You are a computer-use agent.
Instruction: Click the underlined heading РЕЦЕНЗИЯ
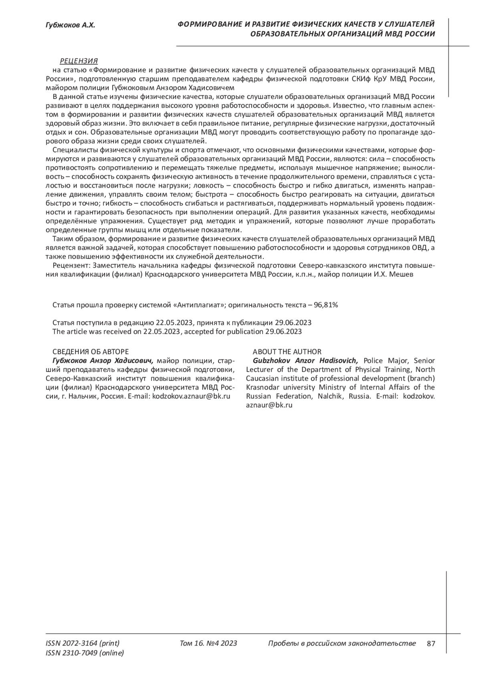[x=79, y=61]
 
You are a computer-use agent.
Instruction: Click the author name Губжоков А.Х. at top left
[x=70, y=25]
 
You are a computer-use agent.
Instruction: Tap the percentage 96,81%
[x=326, y=305]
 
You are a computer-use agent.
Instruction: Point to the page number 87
[x=431, y=644]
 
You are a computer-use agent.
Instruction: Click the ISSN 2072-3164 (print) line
[x=83, y=644]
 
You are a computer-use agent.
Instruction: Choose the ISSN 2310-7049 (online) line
[x=85, y=653]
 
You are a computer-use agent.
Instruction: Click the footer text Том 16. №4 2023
[x=208, y=644]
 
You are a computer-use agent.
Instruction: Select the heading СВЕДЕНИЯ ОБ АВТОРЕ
[x=91, y=352]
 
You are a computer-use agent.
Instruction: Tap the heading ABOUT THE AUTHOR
[x=287, y=352]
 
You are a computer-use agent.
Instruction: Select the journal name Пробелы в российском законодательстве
[x=342, y=644]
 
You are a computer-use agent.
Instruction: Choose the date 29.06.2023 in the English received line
[x=283, y=331]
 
